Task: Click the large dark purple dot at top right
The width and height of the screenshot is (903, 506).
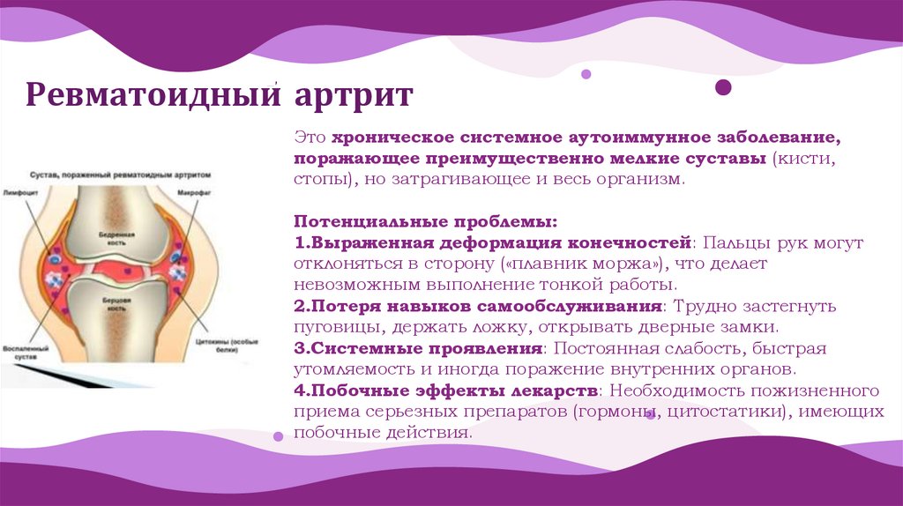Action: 723,86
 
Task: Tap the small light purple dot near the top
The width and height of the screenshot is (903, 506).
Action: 586,75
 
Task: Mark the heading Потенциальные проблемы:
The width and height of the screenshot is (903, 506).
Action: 425,221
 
